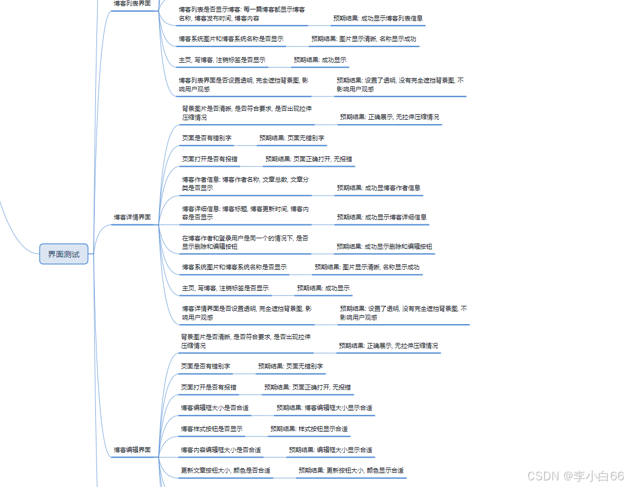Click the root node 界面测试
pyautogui.click(x=64, y=254)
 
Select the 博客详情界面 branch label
pyautogui.click(x=132, y=217)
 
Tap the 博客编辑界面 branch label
pyautogui.click(x=132, y=450)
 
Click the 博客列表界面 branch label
pyautogui.click(x=132, y=3)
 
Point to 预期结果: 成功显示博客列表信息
pyautogui.click(x=378, y=18)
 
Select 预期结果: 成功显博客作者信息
pyautogui.click(x=379, y=188)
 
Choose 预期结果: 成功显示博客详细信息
pyautogui.click(x=381, y=217)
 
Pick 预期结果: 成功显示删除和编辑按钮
pyautogui.click(x=384, y=247)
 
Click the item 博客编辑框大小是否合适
pyautogui.click(x=215, y=408)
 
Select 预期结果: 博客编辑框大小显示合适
pyautogui.click(x=324, y=408)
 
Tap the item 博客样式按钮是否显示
pyautogui.click(x=211, y=429)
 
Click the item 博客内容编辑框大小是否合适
pyautogui.click(x=221, y=450)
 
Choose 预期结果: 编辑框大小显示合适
pyautogui.click(x=330, y=450)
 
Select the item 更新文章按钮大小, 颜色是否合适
pyautogui.click(x=226, y=470)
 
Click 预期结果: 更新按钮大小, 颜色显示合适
pyautogui.click(x=351, y=470)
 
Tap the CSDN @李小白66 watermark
pyautogui.click(x=575, y=476)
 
